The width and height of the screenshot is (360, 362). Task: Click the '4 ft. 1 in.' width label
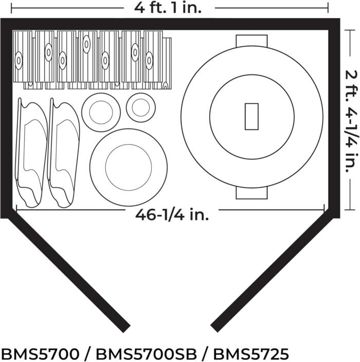169,7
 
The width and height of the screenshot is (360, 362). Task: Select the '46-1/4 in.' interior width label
172,215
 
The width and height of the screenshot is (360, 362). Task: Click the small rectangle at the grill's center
251,116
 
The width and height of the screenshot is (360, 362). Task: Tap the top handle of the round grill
251,41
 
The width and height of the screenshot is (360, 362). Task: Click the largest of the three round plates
128,166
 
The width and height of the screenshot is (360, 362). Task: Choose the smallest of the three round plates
140,107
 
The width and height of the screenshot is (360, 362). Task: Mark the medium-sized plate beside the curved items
101,112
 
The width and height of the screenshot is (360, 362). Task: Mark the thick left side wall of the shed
6,118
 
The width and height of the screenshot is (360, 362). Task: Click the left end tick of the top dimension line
11,8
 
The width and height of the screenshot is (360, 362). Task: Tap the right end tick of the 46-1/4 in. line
324,209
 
